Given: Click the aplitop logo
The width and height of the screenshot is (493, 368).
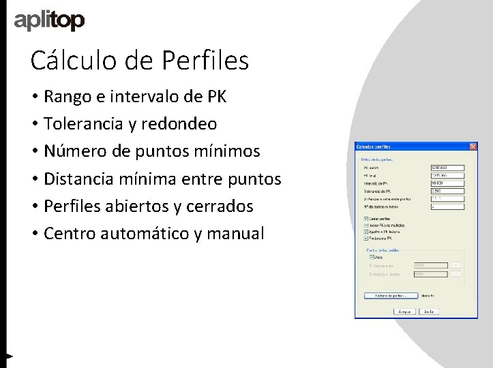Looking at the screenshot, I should (x=49, y=21).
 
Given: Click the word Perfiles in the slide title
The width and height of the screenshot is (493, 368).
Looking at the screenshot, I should (x=205, y=61).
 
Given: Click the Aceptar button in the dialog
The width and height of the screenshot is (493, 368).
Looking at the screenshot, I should (x=404, y=311).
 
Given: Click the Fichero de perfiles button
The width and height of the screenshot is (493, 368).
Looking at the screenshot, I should (x=390, y=296).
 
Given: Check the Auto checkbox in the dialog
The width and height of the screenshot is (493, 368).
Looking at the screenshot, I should (x=372, y=258).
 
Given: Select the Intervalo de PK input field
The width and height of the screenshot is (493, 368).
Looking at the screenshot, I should (x=447, y=183).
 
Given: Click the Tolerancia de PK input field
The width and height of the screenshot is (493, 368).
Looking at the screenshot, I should (x=447, y=191).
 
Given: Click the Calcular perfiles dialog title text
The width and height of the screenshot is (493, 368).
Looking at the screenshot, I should (x=374, y=147).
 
